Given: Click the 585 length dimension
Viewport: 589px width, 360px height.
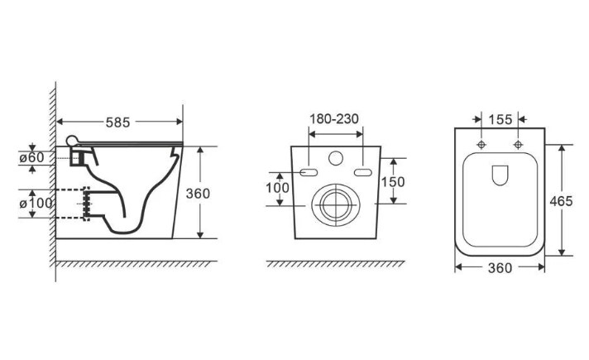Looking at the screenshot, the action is (x=117, y=122).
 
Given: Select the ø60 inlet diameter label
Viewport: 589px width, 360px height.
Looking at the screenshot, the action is (x=32, y=157).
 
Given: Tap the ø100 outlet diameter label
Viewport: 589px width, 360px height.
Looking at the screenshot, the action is (x=36, y=204).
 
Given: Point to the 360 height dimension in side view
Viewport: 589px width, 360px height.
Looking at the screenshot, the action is (x=198, y=194).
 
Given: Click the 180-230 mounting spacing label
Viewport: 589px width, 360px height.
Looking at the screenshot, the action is (x=334, y=118).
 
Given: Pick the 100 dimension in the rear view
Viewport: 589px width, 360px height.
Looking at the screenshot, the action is (x=278, y=188).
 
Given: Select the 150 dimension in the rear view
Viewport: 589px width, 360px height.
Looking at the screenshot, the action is (x=393, y=182).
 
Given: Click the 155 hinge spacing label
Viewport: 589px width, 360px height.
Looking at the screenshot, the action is (x=500, y=120).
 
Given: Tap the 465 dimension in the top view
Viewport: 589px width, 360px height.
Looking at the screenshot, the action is (x=561, y=201).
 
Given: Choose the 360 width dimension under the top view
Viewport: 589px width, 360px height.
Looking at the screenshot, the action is (x=500, y=268).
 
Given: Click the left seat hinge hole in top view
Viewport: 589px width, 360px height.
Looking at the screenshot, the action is (x=481, y=145).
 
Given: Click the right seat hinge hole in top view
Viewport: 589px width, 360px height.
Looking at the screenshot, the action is (x=519, y=145).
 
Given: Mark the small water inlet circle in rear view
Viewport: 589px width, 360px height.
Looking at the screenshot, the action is (x=336, y=158).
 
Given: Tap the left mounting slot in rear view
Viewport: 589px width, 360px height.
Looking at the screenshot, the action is (x=309, y=172).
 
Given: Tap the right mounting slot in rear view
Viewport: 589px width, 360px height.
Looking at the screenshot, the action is (x=363, y=172).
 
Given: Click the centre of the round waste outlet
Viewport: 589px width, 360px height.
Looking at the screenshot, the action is (x=336, y=205).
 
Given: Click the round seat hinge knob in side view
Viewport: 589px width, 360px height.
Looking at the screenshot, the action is (x=71, y=141).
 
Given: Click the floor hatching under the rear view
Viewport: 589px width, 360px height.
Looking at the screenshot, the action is (x=335, y=264).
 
